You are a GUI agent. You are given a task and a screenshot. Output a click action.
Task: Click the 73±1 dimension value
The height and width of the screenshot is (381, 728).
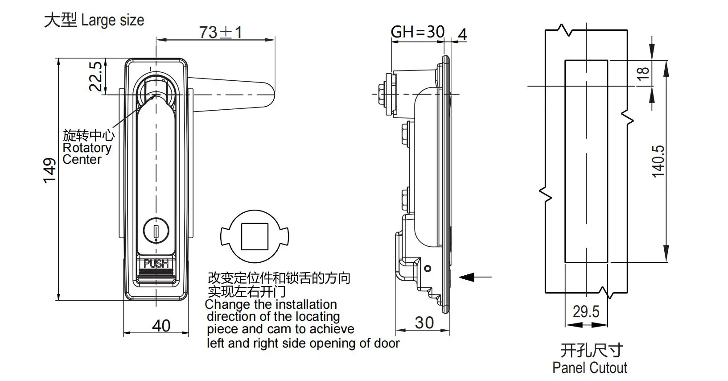point(220,33)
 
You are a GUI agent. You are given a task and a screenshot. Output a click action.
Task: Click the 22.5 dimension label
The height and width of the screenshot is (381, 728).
point(95,76)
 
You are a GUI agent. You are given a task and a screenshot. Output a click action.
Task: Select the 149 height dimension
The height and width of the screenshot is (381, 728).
point(49,170)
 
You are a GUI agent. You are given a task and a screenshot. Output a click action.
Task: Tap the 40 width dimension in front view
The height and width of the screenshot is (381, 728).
point(161,326)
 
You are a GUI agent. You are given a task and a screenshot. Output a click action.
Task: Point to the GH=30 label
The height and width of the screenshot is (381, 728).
point(417,32)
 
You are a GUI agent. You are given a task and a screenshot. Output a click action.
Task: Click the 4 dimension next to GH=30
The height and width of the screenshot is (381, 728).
point(463,35)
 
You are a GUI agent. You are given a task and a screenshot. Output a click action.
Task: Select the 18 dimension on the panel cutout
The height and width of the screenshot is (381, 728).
point(643,73)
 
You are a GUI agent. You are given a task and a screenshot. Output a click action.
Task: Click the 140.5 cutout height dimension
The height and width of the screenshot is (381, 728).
point(658,162)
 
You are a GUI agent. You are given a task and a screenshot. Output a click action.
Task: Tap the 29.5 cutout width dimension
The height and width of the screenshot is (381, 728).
point(586,311)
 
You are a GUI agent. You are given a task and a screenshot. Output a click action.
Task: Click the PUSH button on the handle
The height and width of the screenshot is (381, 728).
point(156,264)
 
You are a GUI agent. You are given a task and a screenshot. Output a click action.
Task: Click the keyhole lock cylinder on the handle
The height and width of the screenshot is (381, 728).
point(156,231)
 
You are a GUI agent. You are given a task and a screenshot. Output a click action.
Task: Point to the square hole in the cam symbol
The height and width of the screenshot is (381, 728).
point(255,236)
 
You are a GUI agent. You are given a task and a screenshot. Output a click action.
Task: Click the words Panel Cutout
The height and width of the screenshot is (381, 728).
point(589,368)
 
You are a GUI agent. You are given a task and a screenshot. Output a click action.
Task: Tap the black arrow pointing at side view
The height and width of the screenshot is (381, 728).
point(468,277)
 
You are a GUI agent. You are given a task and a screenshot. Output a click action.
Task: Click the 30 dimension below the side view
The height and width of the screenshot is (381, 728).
point(424,323)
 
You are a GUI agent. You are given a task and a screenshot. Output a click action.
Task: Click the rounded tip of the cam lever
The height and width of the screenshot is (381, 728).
point(269,95)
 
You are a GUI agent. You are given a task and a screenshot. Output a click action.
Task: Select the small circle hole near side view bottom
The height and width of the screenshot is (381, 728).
point(428,269)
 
